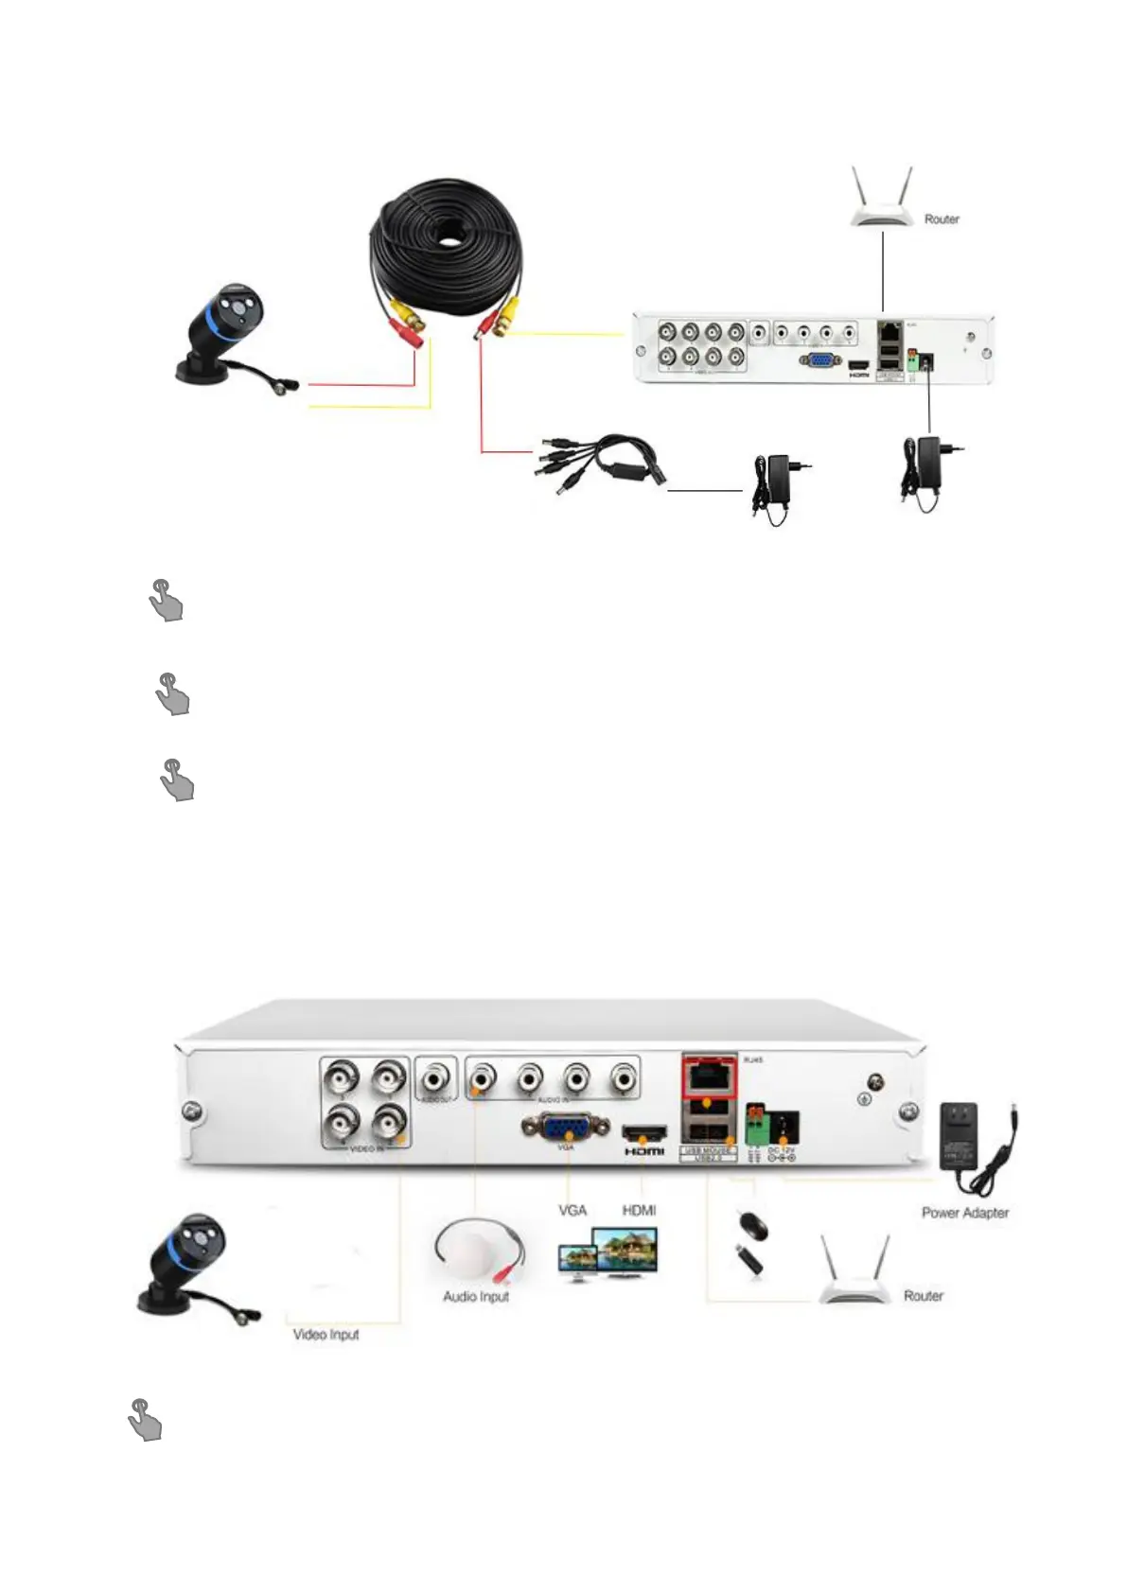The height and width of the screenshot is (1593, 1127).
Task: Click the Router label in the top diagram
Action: pos(941,219)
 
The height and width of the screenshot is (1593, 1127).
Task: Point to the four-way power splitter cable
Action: pos(602,460)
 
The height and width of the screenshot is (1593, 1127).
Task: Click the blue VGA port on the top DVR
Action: pos(819,360)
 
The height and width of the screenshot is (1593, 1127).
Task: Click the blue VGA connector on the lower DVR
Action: pos(565,1128)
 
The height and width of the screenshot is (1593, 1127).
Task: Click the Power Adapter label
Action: pos(965,1213)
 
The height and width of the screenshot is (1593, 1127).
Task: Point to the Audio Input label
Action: pos(476,1296)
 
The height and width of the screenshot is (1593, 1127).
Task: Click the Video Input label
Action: pos(326,1335)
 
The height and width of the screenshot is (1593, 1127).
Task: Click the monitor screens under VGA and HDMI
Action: pos(609,1254)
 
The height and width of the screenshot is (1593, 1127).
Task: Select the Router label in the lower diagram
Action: pos(923,1296)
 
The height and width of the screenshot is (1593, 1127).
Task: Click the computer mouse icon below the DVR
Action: pos(752,1226)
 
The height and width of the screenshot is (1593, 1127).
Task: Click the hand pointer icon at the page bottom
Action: pos(144,1420)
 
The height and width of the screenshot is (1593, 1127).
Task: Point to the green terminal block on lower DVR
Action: pos(756,1125)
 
